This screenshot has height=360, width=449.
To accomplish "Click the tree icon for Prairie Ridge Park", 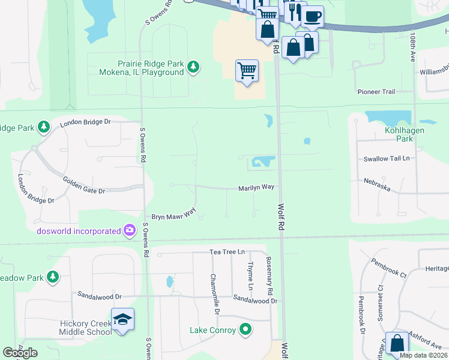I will point(193,67).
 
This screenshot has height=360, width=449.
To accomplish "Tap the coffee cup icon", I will point(313,16).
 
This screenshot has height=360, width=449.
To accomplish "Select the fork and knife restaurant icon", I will point(294,13).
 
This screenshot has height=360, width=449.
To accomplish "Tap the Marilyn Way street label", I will point(256,187).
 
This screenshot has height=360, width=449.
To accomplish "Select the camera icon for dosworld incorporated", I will point(129,230).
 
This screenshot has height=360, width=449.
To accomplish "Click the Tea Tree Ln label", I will point(228,252).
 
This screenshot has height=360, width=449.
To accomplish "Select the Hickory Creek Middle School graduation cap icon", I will point(122,319).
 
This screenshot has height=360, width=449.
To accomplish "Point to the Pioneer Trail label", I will point(376,92).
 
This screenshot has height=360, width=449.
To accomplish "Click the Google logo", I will point(20,353).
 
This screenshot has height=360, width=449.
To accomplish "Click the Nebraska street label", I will point(377,184).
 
